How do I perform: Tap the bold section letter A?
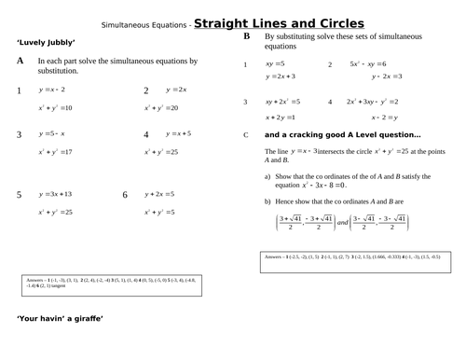pyautogui.click(x=21, y=61)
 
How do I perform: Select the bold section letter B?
pyautogui.click(x=246, y=37)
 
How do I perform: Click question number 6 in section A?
pyautogui.click(x=125, y=195)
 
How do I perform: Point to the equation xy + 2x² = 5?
pyautogui.click(x=282, y=101)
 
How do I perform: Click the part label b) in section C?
pyautogui.click(x=267, y=201)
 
